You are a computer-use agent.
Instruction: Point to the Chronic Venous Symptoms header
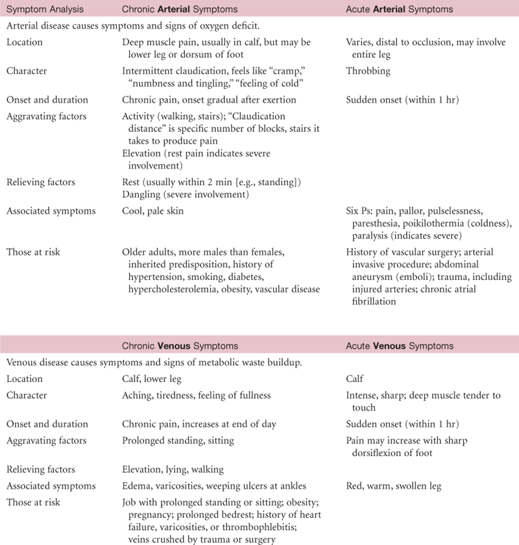179,345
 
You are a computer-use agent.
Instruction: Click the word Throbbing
368,71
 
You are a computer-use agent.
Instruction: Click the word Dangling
141,194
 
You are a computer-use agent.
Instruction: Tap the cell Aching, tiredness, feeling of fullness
197,396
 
